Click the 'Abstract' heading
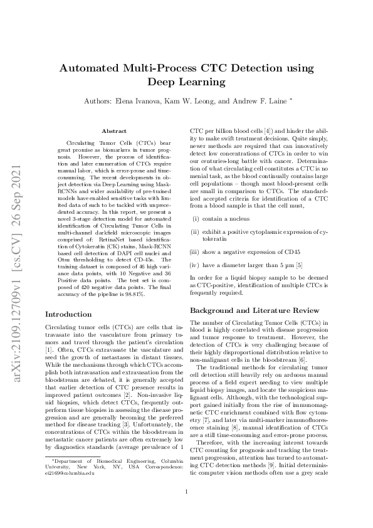[113, 130]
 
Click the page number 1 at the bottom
[186, 491]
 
